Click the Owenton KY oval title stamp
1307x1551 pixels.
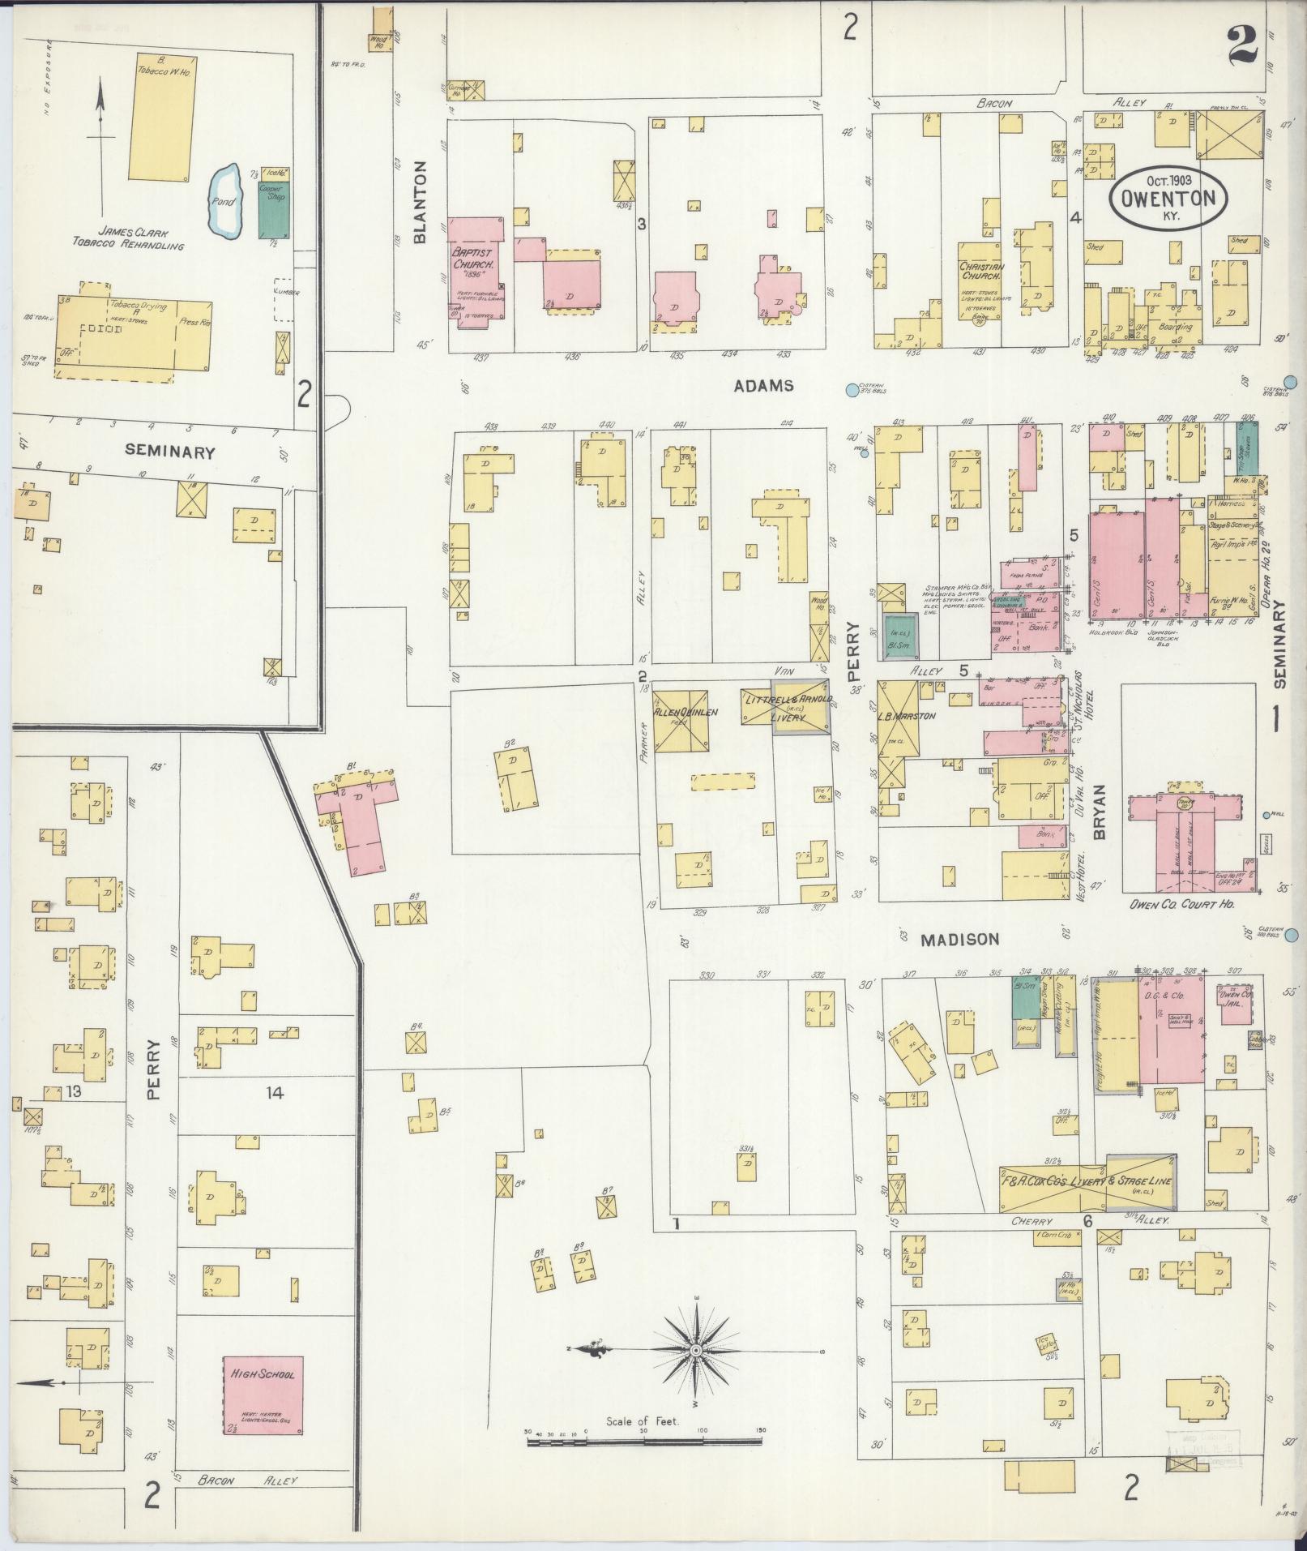(x=1168, y=198)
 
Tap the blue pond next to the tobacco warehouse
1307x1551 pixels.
(x=224, y=201)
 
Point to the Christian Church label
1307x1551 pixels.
(x=981, y=272)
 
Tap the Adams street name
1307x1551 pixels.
(x=763, y=387)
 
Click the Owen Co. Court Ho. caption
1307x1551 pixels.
(x=1181, y=902)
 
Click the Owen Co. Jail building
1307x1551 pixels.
(x=1235, y=1005)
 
